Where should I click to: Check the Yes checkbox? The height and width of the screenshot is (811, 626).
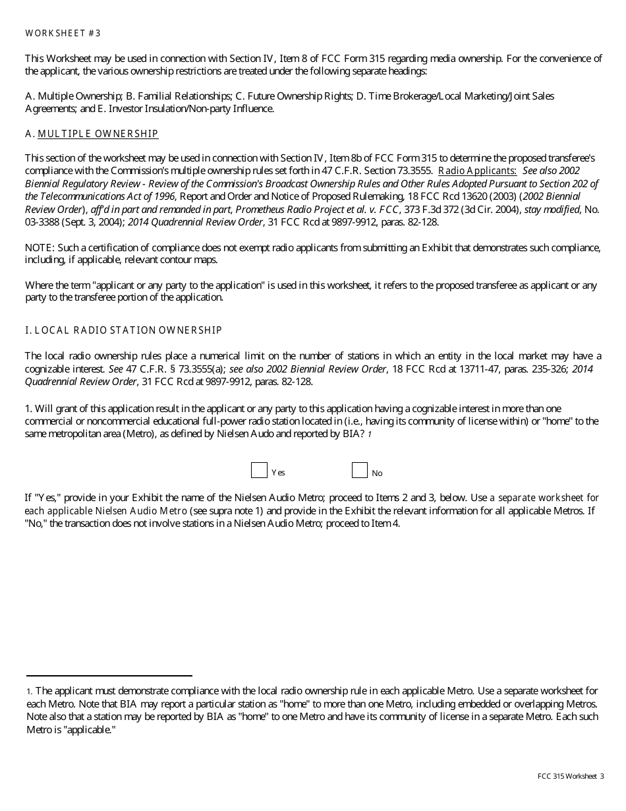pos(259,470)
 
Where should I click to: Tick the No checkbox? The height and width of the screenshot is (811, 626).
pos(359,470)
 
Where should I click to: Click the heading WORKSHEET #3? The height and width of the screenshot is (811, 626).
pos(63,33)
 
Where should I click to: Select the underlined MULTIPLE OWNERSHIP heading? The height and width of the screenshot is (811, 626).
pos(98,134)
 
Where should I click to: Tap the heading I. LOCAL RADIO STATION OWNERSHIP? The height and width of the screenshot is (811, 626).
pos(123,330)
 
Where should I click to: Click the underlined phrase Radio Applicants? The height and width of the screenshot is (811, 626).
pos(477,171)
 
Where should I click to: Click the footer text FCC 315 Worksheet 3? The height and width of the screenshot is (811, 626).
pos(571,777)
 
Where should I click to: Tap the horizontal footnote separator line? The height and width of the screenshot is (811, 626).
pos(109,676)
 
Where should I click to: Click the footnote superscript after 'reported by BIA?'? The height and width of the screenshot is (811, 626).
pos(370,435)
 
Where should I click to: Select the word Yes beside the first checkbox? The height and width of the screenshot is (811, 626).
pos(278,473)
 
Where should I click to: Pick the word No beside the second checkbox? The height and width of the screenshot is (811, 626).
pos(377,473)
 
